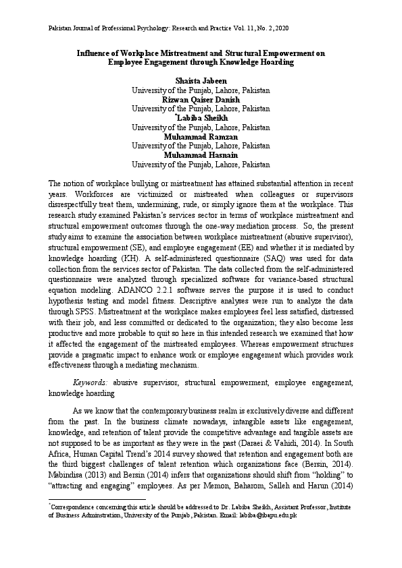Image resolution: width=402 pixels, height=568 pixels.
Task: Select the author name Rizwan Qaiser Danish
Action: pos(201,99)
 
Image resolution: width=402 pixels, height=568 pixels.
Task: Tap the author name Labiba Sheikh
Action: pos(202,117)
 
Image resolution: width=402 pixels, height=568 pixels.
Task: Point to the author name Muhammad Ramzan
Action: pos(201,136)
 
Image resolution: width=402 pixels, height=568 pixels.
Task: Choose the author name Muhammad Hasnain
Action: pos(201,154)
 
